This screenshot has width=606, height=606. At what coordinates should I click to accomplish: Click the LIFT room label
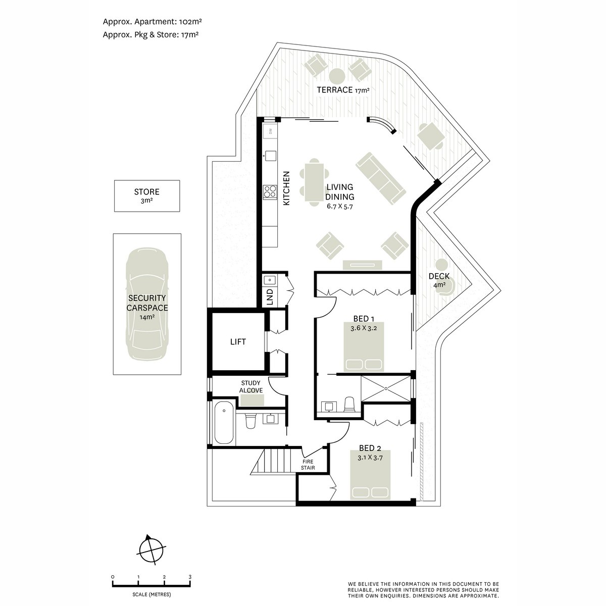click(x=238, y=342)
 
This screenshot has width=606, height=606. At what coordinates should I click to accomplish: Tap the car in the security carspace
click(x=147, y=304)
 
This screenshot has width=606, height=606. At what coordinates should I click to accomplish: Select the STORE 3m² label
click(x=146, y=195)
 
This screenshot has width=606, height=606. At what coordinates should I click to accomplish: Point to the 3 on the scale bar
click(x=190, y=577)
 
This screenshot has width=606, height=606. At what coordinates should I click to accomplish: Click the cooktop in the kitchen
click(x=270, y=192)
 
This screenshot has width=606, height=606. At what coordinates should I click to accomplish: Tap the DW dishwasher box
click(x=270, y=131)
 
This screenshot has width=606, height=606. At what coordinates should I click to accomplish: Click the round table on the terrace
click(x=337, y=76)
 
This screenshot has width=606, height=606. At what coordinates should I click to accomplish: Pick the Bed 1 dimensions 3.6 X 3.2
click(x=364, y=328)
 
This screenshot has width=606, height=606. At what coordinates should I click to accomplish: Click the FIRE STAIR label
click(x=308, y=465)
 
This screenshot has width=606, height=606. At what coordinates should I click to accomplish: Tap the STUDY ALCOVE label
click(x=250, y=386)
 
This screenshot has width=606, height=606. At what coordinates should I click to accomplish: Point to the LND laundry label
click(x=270, y=297)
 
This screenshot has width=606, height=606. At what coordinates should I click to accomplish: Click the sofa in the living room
click(x=381, y=178)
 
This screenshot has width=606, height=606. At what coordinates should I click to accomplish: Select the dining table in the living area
click(x=314, y=183)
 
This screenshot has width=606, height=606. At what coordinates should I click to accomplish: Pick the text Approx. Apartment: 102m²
click(x=152, y=22)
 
